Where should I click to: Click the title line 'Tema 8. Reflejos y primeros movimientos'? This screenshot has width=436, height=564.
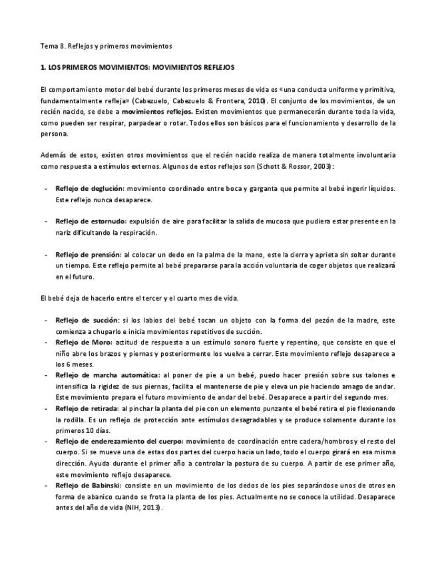tap(107, 47)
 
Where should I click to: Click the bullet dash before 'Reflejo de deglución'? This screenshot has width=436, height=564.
tap(45, 189)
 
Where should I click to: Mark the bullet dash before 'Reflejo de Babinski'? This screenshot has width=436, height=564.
tap(45, 485)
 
